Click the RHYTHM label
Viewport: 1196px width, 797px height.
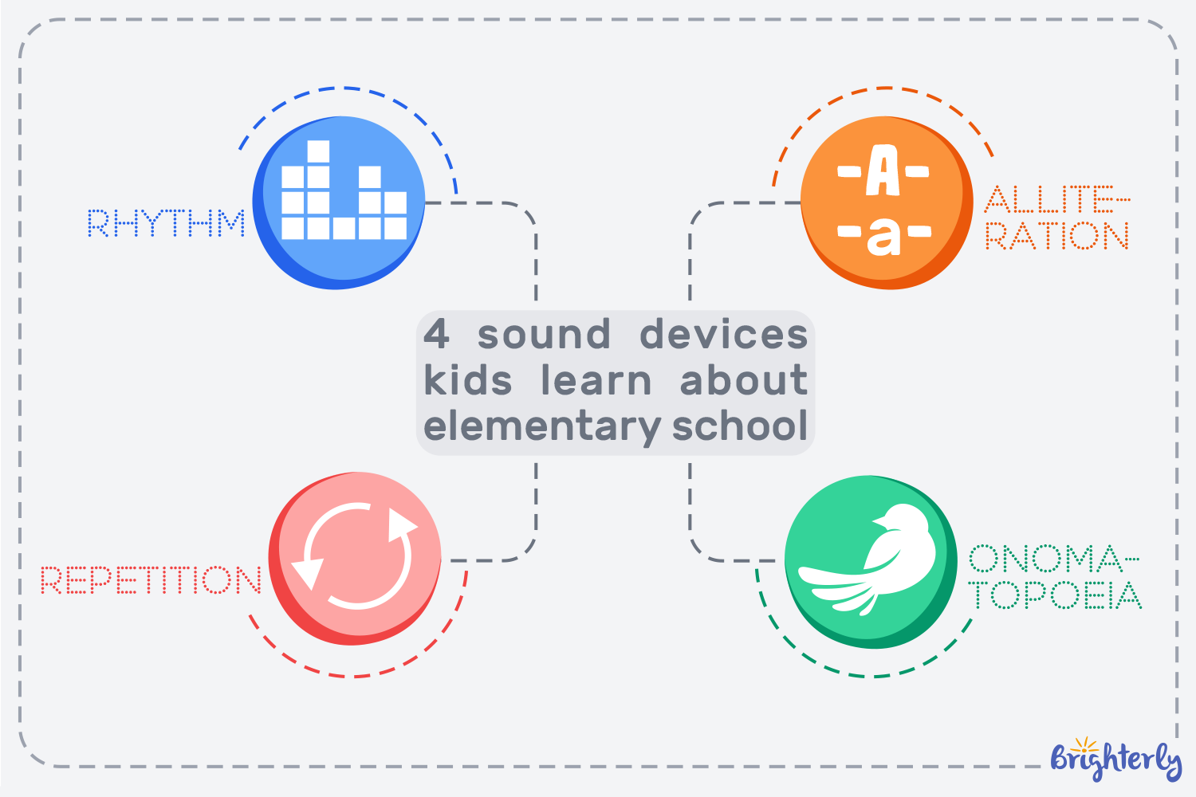pos(166,224)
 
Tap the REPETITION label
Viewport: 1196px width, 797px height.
pos(151,580)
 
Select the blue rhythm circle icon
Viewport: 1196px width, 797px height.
pos(339,202)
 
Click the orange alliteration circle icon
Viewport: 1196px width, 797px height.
pos(886,202)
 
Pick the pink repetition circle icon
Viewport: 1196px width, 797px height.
pos(356,558)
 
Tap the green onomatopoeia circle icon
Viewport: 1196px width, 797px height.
pos(871,561)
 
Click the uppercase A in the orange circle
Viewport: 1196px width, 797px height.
pos(883,171)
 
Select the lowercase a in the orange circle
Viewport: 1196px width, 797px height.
pos(883,234)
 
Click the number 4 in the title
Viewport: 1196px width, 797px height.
pos(436,334)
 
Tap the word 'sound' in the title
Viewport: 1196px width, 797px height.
pos(544,334)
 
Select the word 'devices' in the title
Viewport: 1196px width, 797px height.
pos(723,334)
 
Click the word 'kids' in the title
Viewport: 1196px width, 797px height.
pos(467,380)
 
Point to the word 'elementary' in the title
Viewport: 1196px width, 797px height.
pos(541,426)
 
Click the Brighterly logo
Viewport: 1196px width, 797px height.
pos(1115,759)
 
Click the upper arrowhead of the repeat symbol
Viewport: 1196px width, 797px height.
pos(400,525)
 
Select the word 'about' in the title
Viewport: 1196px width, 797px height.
pos(743,380)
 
